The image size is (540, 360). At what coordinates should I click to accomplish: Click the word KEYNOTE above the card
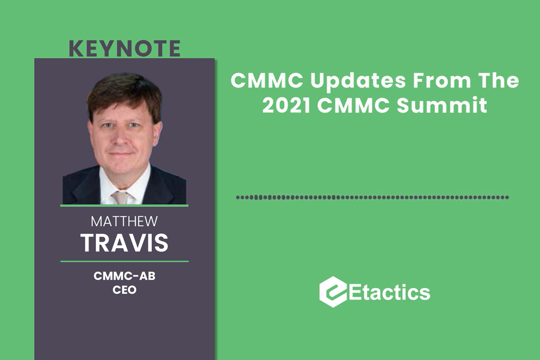tap(125, 49)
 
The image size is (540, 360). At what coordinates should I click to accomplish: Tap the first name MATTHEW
tap(124, 221)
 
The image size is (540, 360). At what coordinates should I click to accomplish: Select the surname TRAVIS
tap(125, 243)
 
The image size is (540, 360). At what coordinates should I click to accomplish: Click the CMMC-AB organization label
tap(125, 276)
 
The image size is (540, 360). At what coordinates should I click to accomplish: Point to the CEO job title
tap(125, 290)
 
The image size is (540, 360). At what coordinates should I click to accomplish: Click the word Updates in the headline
tap(358, 81)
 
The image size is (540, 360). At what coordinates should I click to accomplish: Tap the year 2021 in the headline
tap(286, 105)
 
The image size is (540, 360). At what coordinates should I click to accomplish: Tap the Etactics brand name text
tap(390, 292)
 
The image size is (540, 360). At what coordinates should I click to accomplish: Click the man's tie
tap(121, 197)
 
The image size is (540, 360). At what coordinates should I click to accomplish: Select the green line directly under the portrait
tap(124, 206)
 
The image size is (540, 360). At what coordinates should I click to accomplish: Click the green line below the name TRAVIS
tap(124, 261)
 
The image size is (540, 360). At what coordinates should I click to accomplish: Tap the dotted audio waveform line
tap(372, 197)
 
